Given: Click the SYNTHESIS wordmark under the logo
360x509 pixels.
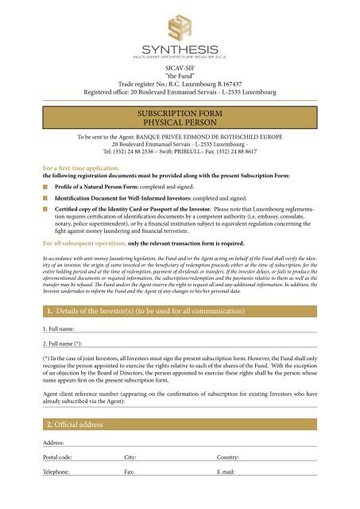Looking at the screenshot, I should coord(180,47).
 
